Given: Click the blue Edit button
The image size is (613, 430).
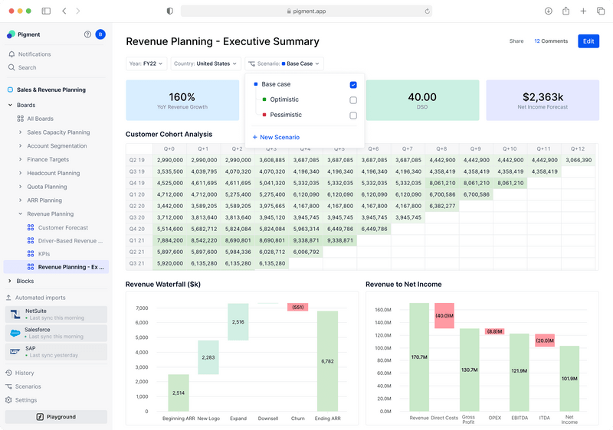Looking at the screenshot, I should (588, 41).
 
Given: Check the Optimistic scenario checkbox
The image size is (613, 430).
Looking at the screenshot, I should (353, 100).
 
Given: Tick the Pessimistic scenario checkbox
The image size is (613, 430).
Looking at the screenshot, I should (353, 116).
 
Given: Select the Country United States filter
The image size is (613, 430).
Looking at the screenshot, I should (205, 64).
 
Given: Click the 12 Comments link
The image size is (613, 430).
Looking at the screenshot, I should (551, 41).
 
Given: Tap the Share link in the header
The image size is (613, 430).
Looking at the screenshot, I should (516, 41).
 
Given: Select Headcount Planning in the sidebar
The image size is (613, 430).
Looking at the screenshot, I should (53, 174).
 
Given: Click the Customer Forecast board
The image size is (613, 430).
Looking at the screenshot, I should (63, 228).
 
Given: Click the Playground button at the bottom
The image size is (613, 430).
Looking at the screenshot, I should (56, 417).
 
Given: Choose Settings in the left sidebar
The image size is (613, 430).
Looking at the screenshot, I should (26, 400).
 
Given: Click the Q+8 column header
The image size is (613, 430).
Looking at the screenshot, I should (441, 148).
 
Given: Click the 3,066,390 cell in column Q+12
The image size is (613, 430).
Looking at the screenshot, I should (577, 160).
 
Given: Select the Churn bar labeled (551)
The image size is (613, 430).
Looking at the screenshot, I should (297, 307).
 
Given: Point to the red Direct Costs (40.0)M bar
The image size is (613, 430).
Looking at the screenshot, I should (444, 315).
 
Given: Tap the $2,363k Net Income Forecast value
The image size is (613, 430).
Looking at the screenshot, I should (543, 97).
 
